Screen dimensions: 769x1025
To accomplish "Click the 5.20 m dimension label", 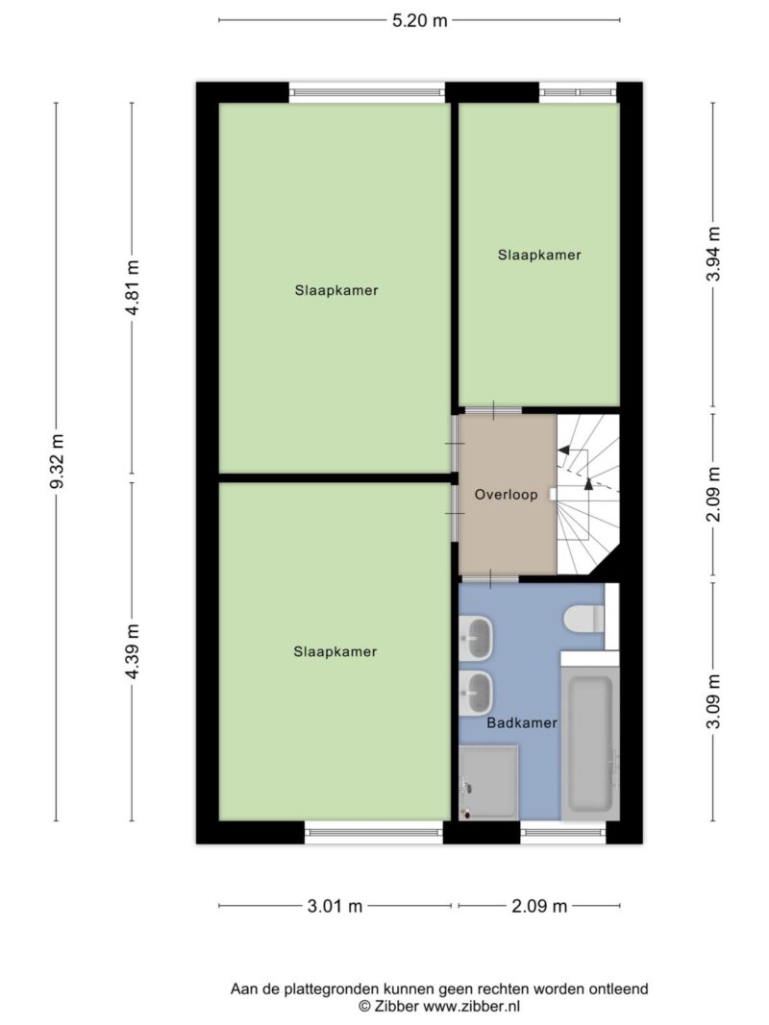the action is click(420, 20).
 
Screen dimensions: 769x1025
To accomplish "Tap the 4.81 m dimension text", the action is click(133, 287).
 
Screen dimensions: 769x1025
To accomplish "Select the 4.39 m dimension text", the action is click(133, 651).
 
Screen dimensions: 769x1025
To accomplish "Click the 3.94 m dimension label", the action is click(713, 254).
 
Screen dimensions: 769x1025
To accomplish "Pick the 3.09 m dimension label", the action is click(713, 701).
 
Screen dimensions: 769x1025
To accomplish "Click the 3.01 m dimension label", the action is click(335, 906).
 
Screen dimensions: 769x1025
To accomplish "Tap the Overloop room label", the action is click(507, 495).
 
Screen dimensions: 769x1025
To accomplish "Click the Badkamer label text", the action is click(522, 723).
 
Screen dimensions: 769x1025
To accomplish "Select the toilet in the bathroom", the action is click(584, 619).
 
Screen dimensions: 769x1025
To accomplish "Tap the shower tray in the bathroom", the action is click(488, 782).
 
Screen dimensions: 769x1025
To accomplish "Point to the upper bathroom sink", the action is click(476, 637).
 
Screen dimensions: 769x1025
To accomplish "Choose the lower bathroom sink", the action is click(476, 693).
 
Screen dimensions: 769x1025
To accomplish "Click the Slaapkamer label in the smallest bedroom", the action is click(539, 255).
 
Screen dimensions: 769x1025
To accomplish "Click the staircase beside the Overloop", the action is click(588, 494).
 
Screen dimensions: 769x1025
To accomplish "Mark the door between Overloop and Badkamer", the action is click(490, 578).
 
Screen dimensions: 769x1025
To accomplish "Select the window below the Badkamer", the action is click(563, 832).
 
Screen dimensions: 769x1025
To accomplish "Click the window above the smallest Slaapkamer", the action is click(578, 92).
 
